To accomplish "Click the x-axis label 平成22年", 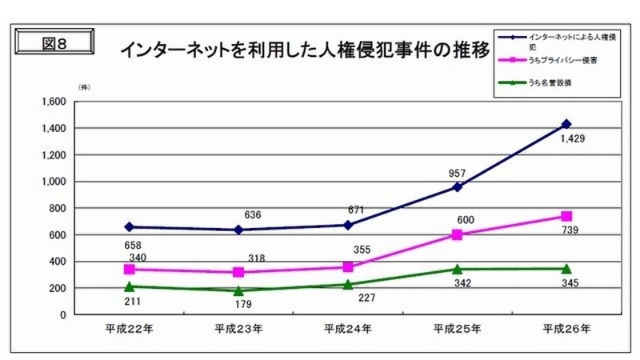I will point(129,328).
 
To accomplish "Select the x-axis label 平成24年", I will point(346,328).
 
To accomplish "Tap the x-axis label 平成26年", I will point(566,328).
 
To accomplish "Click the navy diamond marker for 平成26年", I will point(566,124).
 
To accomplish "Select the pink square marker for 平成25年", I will point(458,234).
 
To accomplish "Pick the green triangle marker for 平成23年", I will point(238,290).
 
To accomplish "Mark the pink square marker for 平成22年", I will point(130,270).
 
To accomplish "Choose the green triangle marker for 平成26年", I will point(566,269).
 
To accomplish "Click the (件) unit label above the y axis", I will point(83,86).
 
